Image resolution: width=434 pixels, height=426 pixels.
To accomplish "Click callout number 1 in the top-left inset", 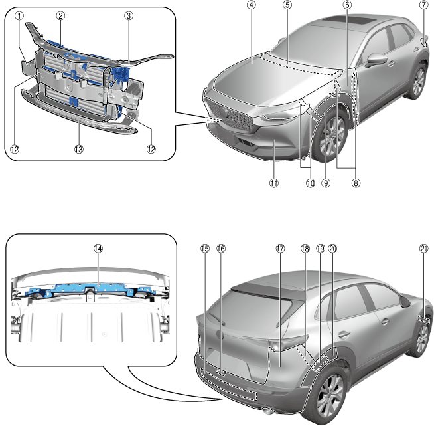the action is (x=20, y=15).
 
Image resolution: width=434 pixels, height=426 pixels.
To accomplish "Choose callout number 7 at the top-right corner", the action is (x=423, y=5).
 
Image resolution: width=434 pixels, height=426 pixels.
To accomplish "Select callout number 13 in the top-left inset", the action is (x=80, y=150).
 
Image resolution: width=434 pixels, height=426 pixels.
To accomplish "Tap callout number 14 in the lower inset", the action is (x=98, y=247).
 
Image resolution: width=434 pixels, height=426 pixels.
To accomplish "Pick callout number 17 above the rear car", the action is (x=280, y=247).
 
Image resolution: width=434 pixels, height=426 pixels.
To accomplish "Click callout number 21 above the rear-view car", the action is (x=423, y=247).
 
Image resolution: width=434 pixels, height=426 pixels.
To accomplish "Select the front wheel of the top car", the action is (x=330, y=137).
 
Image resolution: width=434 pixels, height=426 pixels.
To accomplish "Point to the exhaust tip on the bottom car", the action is (x=268, y=406).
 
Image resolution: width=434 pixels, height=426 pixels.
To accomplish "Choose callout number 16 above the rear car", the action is (x=222, y=247).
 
